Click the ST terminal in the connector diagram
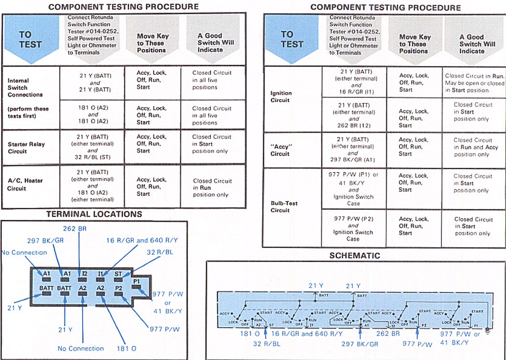(118, 275)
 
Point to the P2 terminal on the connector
(119, 288)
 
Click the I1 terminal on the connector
(101, 275)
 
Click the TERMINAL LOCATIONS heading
(94, 214)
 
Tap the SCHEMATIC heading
(354, 256)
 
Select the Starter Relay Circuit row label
(25, 147)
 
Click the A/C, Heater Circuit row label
(25, 184)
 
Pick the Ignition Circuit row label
(281, 96)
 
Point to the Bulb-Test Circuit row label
(284, 206)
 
